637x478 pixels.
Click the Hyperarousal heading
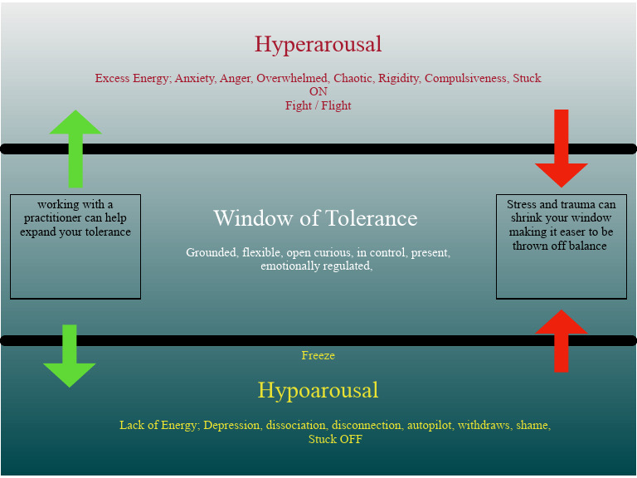(x=318, y=44)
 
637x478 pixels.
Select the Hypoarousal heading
(x=318, y=390)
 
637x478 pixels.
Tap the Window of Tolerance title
(x=315, y=218)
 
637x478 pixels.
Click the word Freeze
(x=318, y=355)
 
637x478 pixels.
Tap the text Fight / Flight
(x=318, y=105)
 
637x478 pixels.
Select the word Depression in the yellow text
(x=232, y=425)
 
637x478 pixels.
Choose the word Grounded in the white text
(x=211, y=252)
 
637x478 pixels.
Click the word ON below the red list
(x=318, y=92)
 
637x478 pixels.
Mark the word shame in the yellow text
(x=532, y=425)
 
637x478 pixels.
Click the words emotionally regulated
(x=315, y=266)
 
